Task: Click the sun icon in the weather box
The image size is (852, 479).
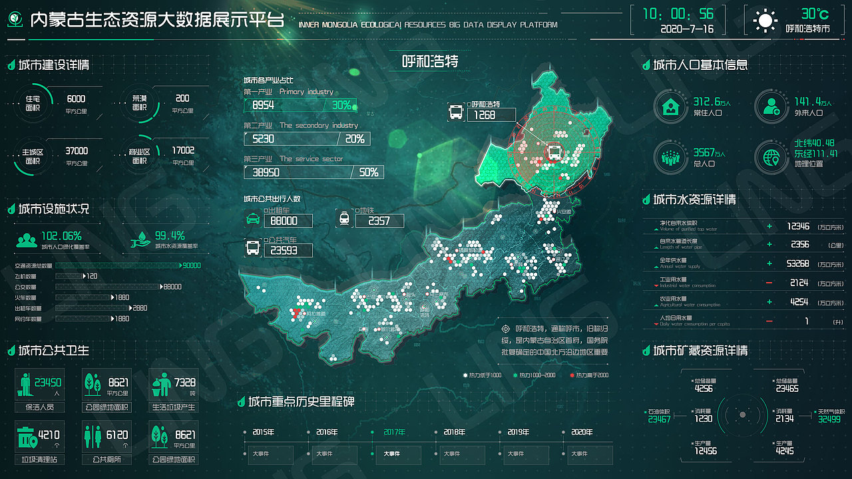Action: pyautogui.click(x=765, y=21)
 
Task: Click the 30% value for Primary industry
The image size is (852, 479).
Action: pyautogui.click(x=341, y=105)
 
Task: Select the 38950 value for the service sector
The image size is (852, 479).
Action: pyautogui.click(x=266, y=172)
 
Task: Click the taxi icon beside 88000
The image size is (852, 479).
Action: pyautogui.click(x=253, y=219)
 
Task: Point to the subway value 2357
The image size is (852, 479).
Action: pyautogui.click(x=379, y=221)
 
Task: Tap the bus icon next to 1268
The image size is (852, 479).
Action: pyautogui.click(x=456, y=112)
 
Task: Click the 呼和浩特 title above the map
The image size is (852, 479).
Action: pyautogui.click(x=431, y=62)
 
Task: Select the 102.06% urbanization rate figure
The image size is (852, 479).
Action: pyautogui.click(x=61, y=236)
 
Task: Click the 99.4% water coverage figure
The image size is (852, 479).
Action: pyautogui.click(x=170, y=236)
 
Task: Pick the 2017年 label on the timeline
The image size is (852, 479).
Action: pyautogui.click(x=395, y=432)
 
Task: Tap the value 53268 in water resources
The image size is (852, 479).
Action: pyautogui.click(x=797, y=263)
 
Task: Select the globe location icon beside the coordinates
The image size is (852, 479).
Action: pyautogui.click(x=771, y=157)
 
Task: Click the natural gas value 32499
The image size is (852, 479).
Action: pyautogui.click(x=829, y=419)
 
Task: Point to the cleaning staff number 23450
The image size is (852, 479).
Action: pyautogui.click(x=48, y=383)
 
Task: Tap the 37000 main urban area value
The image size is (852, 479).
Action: pyautogui.click(x=77, y=151)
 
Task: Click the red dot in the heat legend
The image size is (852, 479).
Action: pyautogui.click(x=572, y=375)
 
